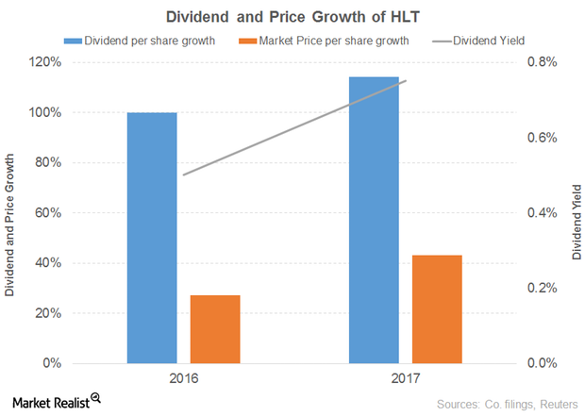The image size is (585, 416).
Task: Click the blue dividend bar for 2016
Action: [x=152, y=238]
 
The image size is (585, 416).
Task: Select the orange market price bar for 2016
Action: [x=215, y=329]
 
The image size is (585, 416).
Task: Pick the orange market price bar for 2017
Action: [x=437, y=309]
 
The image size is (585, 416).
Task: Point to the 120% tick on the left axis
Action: [x=44, y=62]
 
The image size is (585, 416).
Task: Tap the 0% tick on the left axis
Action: [x=51, y=363]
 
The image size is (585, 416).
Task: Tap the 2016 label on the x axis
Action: [x=183, y=379]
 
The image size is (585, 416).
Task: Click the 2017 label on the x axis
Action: [x=406, y=379]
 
